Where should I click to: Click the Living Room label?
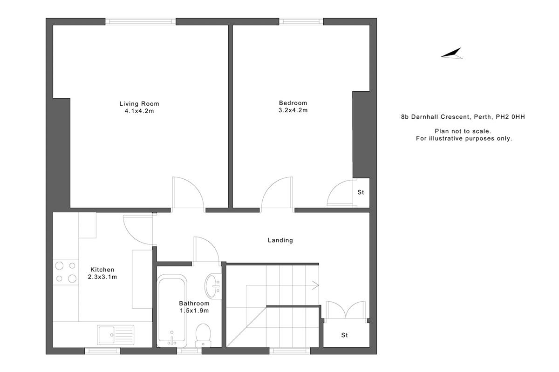139,103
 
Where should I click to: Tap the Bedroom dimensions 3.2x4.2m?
293,110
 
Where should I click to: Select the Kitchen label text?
102,270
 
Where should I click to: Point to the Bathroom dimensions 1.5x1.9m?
194,311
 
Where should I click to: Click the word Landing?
280,240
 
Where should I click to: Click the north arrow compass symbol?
451,54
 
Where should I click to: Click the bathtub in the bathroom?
172,310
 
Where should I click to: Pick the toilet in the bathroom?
203,335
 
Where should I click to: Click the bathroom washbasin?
214,285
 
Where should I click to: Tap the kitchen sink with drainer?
116,334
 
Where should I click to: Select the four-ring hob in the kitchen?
66,272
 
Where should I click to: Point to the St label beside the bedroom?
361,192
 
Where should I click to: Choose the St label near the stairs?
345,335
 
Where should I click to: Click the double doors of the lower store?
346,310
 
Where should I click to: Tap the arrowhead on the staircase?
316,284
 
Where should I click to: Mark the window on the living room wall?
140,21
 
